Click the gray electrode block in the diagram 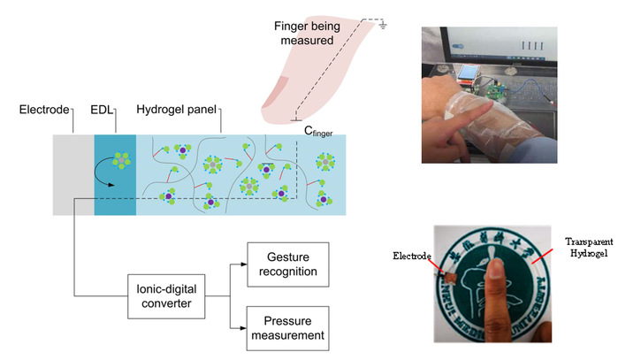[x=72, y=173]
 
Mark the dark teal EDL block [x=114, y=173]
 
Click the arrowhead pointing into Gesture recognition [x=243, y=263]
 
